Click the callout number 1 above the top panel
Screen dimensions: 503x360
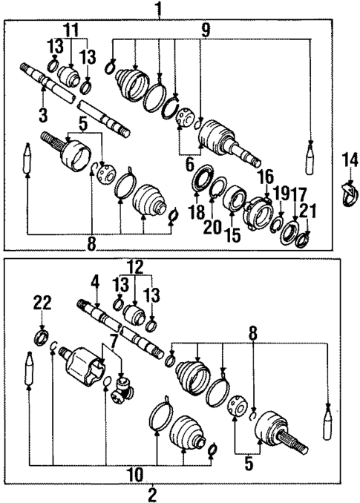[x=157, y=9]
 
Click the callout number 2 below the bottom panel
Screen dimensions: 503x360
[x=152, y=493]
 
